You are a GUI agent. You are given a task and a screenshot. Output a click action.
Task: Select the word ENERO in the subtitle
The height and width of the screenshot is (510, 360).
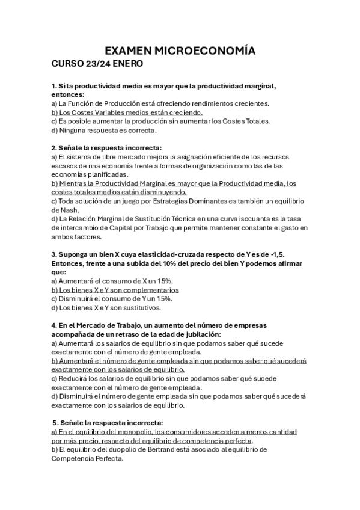(126, 63)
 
